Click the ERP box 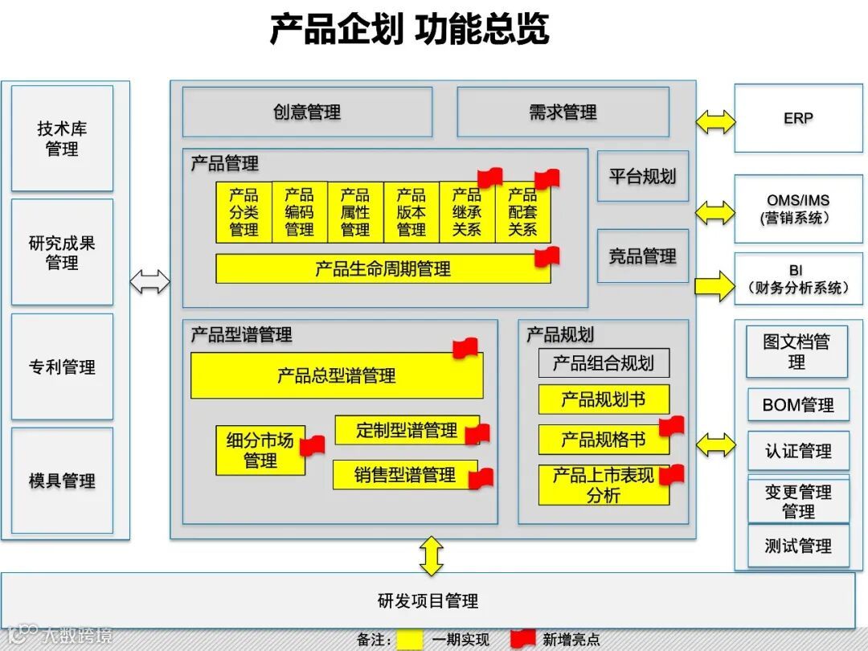[797, 119]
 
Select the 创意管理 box [307, 112]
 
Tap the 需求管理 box [563, 112]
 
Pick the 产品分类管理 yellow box [244, 212]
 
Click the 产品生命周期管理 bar [383, 268]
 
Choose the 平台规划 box [642, 176]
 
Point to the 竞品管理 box [642, 256]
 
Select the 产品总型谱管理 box [337, 375]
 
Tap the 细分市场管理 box [260, 450]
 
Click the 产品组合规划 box [603, 363]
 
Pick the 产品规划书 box [603, 399]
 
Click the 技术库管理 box [62, 138]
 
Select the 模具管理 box [62, 481]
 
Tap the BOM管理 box [797, 405]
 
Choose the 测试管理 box [797, 547]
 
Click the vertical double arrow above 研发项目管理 [432, 555]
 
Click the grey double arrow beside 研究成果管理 [150, 281]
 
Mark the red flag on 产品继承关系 [489, 178]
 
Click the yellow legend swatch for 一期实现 [410, 639]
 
